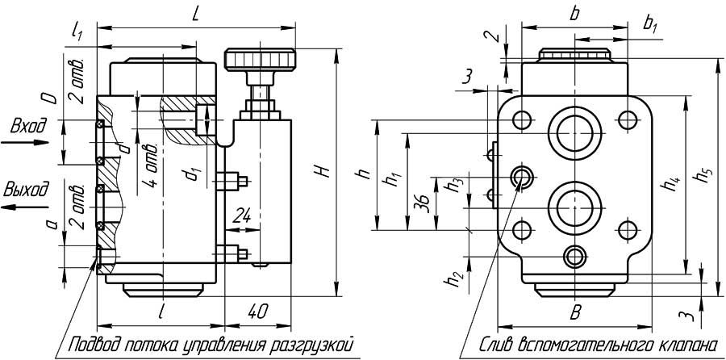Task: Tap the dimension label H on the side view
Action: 322,171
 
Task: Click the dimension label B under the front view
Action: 576,312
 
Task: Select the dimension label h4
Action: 670,184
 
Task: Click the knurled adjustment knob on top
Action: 260,60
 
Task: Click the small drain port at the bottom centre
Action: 575,257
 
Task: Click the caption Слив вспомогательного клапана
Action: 597,345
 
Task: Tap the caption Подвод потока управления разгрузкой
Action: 211,345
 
